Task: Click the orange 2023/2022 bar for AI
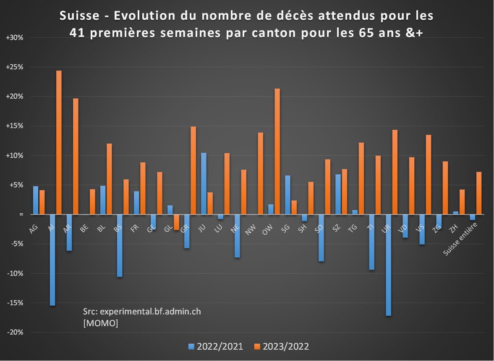59,142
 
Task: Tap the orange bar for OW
277,152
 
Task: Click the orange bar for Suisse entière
478,193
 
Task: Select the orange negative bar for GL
177,222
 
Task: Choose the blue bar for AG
36,200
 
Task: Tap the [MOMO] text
101,324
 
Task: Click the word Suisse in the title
80,16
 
